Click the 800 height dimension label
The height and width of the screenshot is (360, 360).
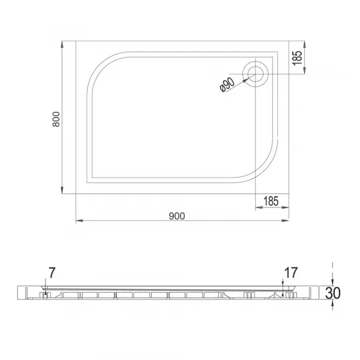[x=56, y=119]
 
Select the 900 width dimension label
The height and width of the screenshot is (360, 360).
[x=177, y=216]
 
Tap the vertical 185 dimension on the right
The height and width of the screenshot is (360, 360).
[x=297, y=58]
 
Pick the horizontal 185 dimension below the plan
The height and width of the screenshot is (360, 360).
[x=271, y=201]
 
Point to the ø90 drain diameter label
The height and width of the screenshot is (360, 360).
[x=227, y=85]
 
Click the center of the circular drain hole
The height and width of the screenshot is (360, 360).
[x=256, y=74]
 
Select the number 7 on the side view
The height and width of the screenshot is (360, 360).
[x=52, y=273]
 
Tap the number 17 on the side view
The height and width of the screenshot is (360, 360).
[x=291, y=273]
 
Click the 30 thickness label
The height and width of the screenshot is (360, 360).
[x=333, y=293]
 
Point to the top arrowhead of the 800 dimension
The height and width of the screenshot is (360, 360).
[x=62, y=44]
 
